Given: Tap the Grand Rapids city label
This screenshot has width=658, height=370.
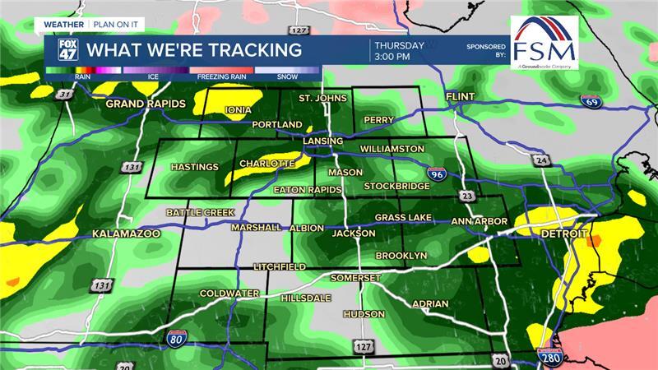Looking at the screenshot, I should click(142, 104).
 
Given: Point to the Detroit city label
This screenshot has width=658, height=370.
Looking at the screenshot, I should click(563, 234).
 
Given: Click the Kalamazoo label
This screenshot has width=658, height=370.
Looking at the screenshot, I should click(125, 234).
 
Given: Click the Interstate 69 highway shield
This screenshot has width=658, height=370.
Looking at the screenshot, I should click(589, 102).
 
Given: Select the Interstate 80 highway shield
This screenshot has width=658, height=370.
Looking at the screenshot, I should click(175, 337).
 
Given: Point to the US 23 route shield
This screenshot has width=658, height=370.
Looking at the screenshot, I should click(467, 196).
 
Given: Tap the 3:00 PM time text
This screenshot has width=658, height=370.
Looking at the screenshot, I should click(392, 58).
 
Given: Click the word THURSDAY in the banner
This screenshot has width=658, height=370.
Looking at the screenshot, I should click(399, 45).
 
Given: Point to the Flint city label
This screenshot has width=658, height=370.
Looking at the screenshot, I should click(461, 98).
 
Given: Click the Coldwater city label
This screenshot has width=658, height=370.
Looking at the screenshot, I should click(229, 293).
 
